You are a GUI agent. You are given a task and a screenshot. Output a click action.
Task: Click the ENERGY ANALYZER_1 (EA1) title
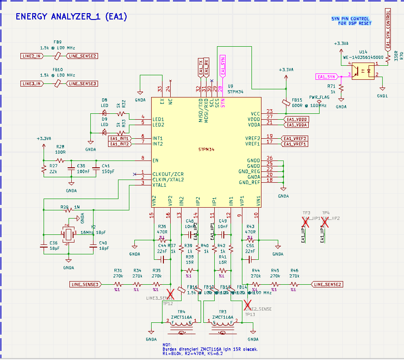pyautogui.click(x=71, y=17)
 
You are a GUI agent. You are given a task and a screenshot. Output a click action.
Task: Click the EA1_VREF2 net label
pyautogui.click(x=295, y=138)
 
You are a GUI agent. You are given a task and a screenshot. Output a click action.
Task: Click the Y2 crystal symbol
pyautogui.click(x=68, y=234)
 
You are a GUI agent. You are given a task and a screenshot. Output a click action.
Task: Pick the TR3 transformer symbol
pyautogui.click(x=222, y=325)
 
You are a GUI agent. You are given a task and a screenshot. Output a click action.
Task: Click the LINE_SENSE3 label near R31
pyautogui.click(x=84, y=284)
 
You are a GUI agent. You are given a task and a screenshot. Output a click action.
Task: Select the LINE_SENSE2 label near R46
pyautogui.click(x=327, y=284)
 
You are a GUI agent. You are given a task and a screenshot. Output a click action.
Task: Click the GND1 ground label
pyautogui.click(x=383, y=96)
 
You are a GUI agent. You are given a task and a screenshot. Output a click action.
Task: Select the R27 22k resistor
pyautogui.click(x=44, y=169)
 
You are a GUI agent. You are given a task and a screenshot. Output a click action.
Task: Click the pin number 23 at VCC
pyautogui.click(x=270, y=111)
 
